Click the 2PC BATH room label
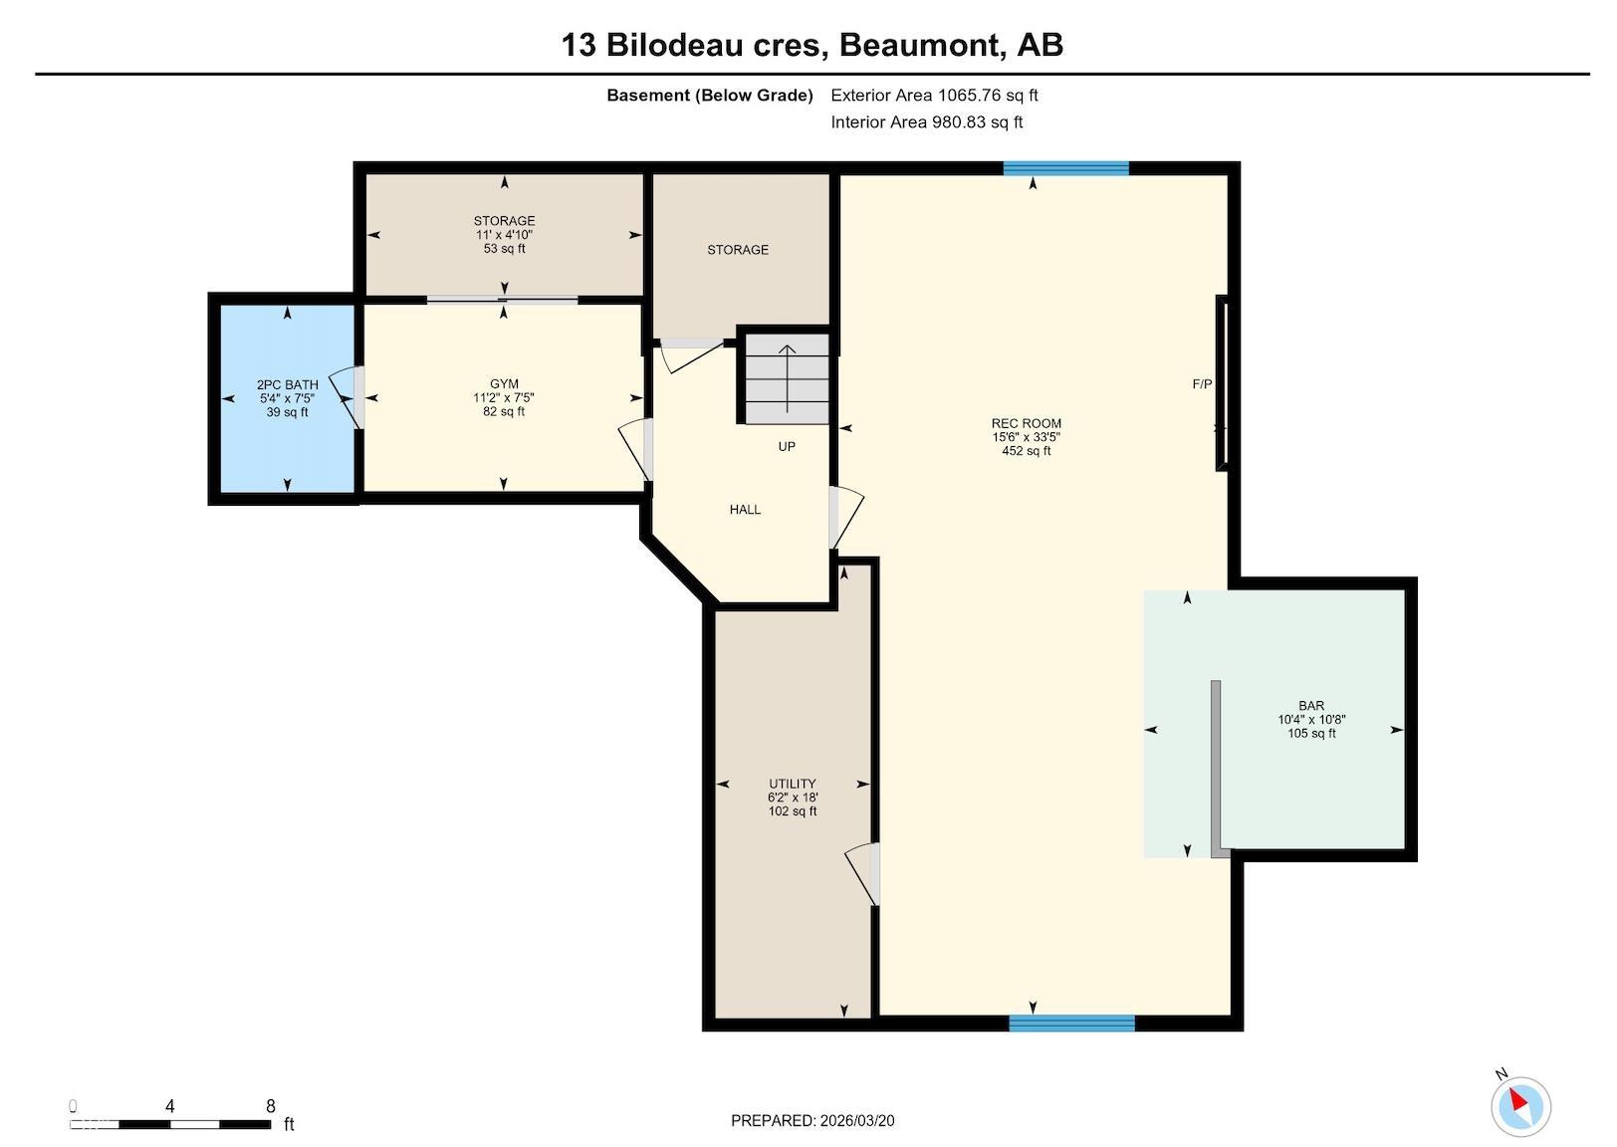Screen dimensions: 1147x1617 [x=287, y=398]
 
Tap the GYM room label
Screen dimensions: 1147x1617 [x=504, y=397]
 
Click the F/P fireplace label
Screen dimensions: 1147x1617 [x=1202, y=384]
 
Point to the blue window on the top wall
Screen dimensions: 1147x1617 [x=1065, y=168]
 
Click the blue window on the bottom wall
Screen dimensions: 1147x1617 [x=1071, y=1023]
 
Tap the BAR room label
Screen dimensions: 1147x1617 [x=1311, y=719]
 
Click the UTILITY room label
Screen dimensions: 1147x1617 [x=792, y=797]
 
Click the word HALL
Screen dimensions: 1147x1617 [x=745, y=510]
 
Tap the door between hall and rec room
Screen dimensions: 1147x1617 [x=844, y=517]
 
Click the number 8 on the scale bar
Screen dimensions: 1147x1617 [x=271, y=1106]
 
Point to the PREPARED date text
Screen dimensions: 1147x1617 [x=812, y=1121]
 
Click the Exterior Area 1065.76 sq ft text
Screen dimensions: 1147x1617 [x=934, y=96]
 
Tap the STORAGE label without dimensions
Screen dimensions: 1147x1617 [x=738, y=250]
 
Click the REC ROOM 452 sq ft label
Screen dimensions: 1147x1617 [x=1026, y=436]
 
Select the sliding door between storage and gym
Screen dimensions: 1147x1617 [x=503, y=300]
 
